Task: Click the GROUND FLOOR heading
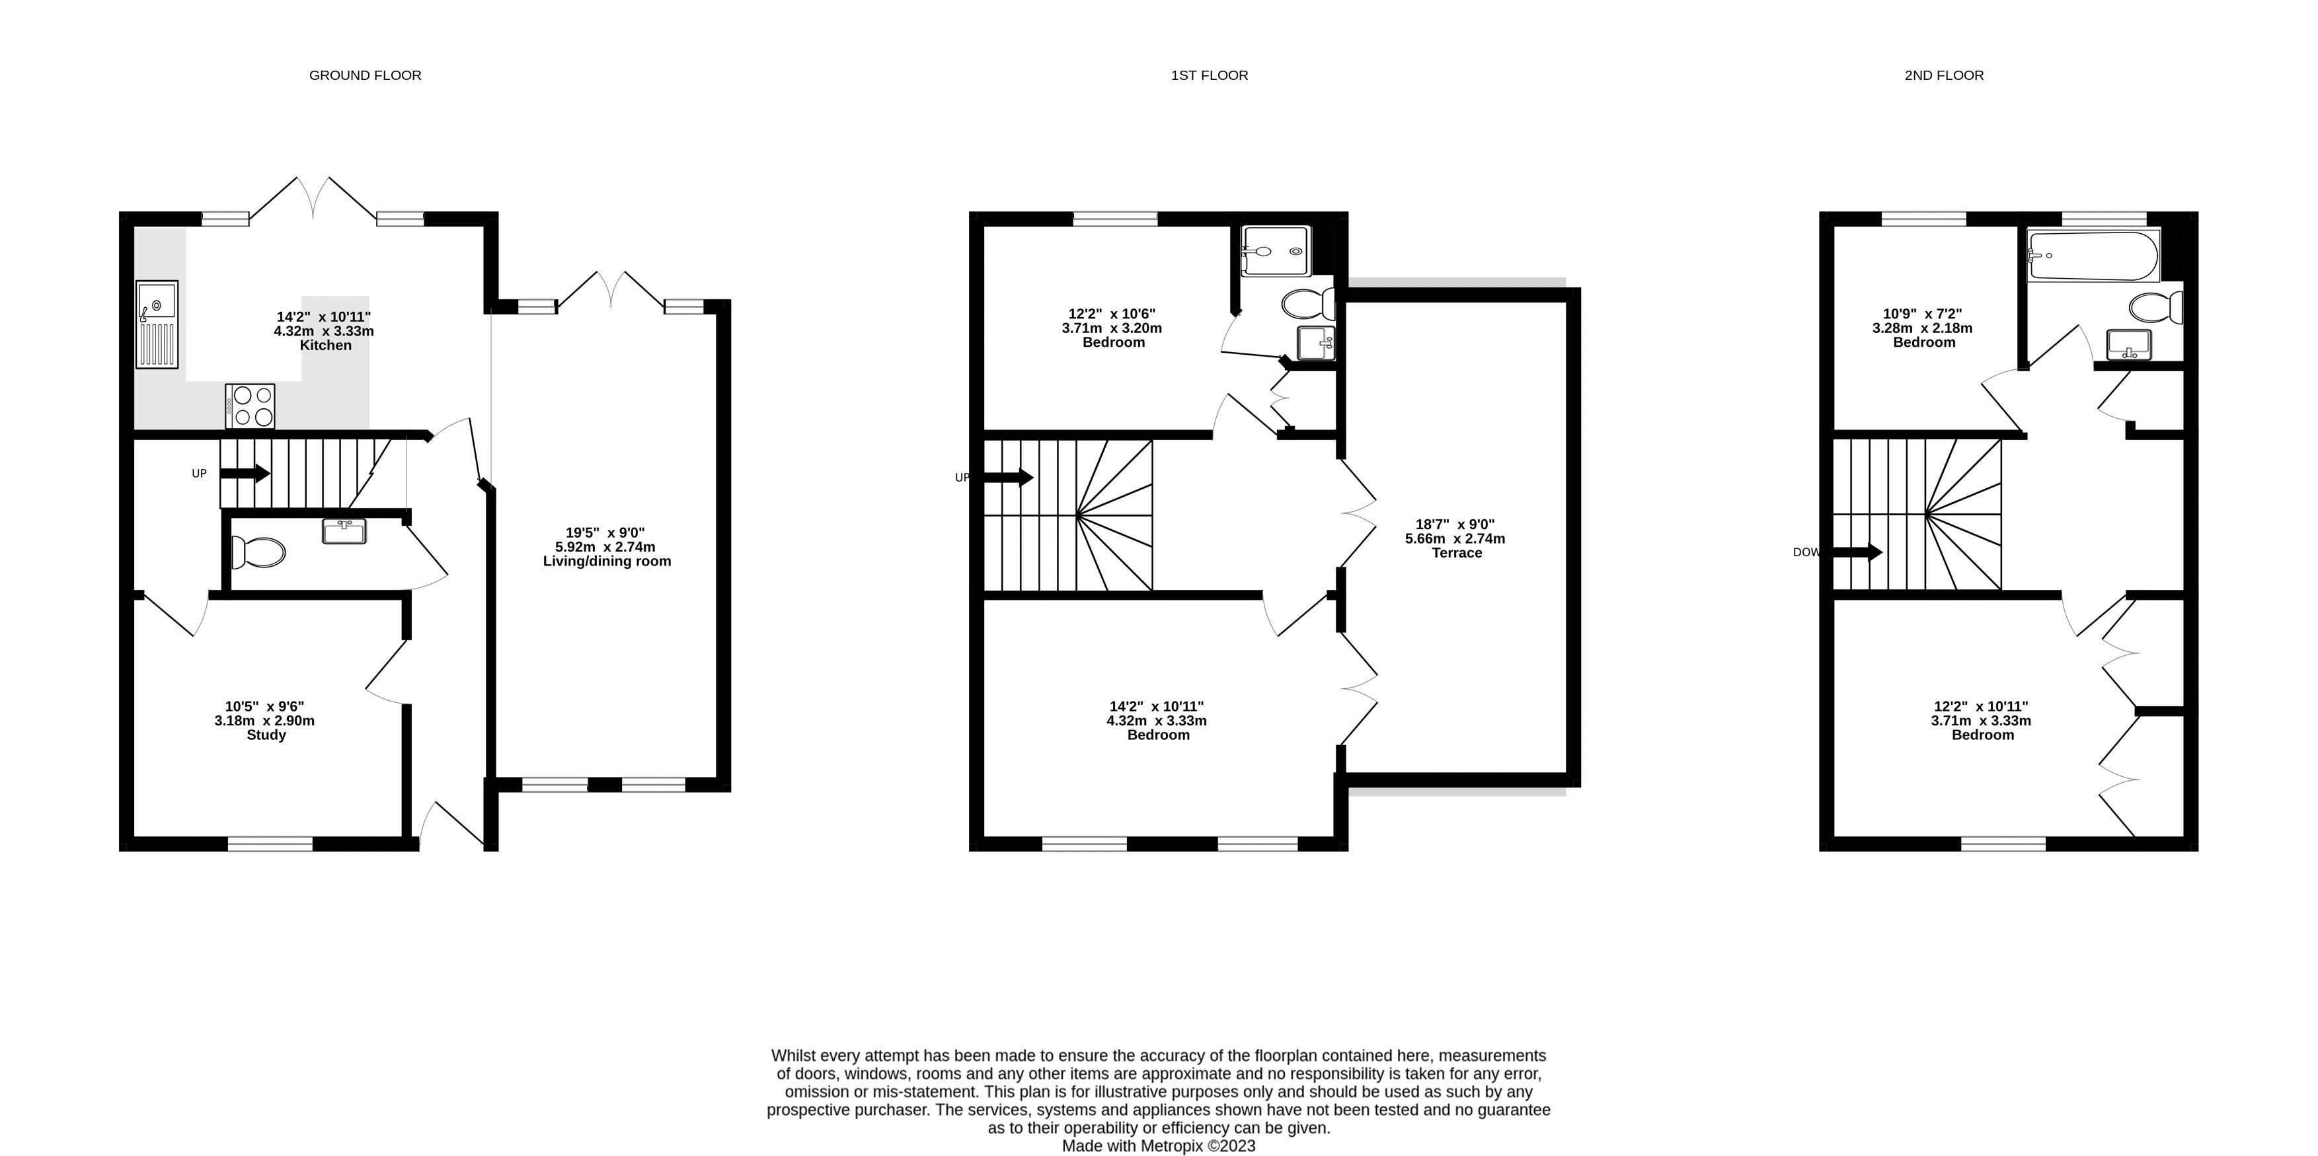click(366, 75)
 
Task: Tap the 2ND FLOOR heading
click(1944, 75)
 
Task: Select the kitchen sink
click(157, 325)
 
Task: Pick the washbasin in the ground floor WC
click(344, 532)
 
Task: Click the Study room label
click(266, 735)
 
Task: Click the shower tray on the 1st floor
click(1273, 251)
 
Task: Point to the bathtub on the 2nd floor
click(2093, 256)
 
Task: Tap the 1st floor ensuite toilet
click(1308, 304)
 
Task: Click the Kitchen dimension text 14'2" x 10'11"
click(324, 316)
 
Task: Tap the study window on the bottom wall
click(270, 844)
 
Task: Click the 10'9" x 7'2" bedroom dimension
click(1923, 314)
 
